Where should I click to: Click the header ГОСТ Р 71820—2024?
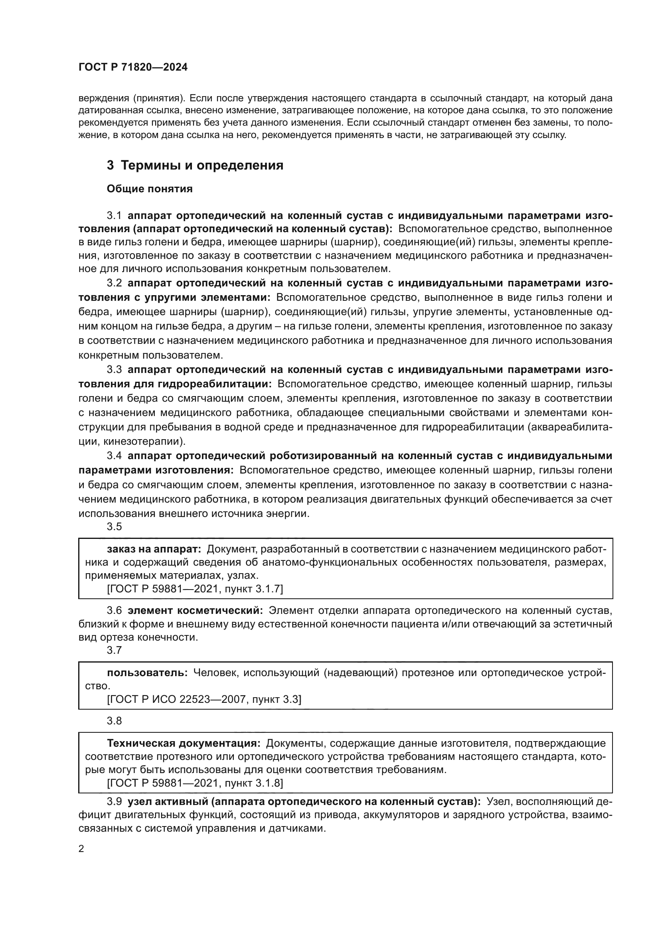click(x=133, y=67)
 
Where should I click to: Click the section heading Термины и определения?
click(x=195, y=166)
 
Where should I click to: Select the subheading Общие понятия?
click(x=150, y=189)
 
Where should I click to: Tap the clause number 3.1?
click(x=114, y=216)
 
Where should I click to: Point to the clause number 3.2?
click(x=114, y=283)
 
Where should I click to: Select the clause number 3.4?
click(x=114, y=456)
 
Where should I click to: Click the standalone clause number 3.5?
click(x=114, y=527)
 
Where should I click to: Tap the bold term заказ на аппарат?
click(x=154, y=549)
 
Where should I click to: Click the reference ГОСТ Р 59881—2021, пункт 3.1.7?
click(x=195, y=589)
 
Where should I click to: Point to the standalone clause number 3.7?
click(x=114, y=650)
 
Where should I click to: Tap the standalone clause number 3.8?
click(x=114, y=721)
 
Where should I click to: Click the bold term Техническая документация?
click(x=183, y=744)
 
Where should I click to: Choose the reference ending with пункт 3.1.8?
click(x=195, y=783)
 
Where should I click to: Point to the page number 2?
click(x=81, y=849)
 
